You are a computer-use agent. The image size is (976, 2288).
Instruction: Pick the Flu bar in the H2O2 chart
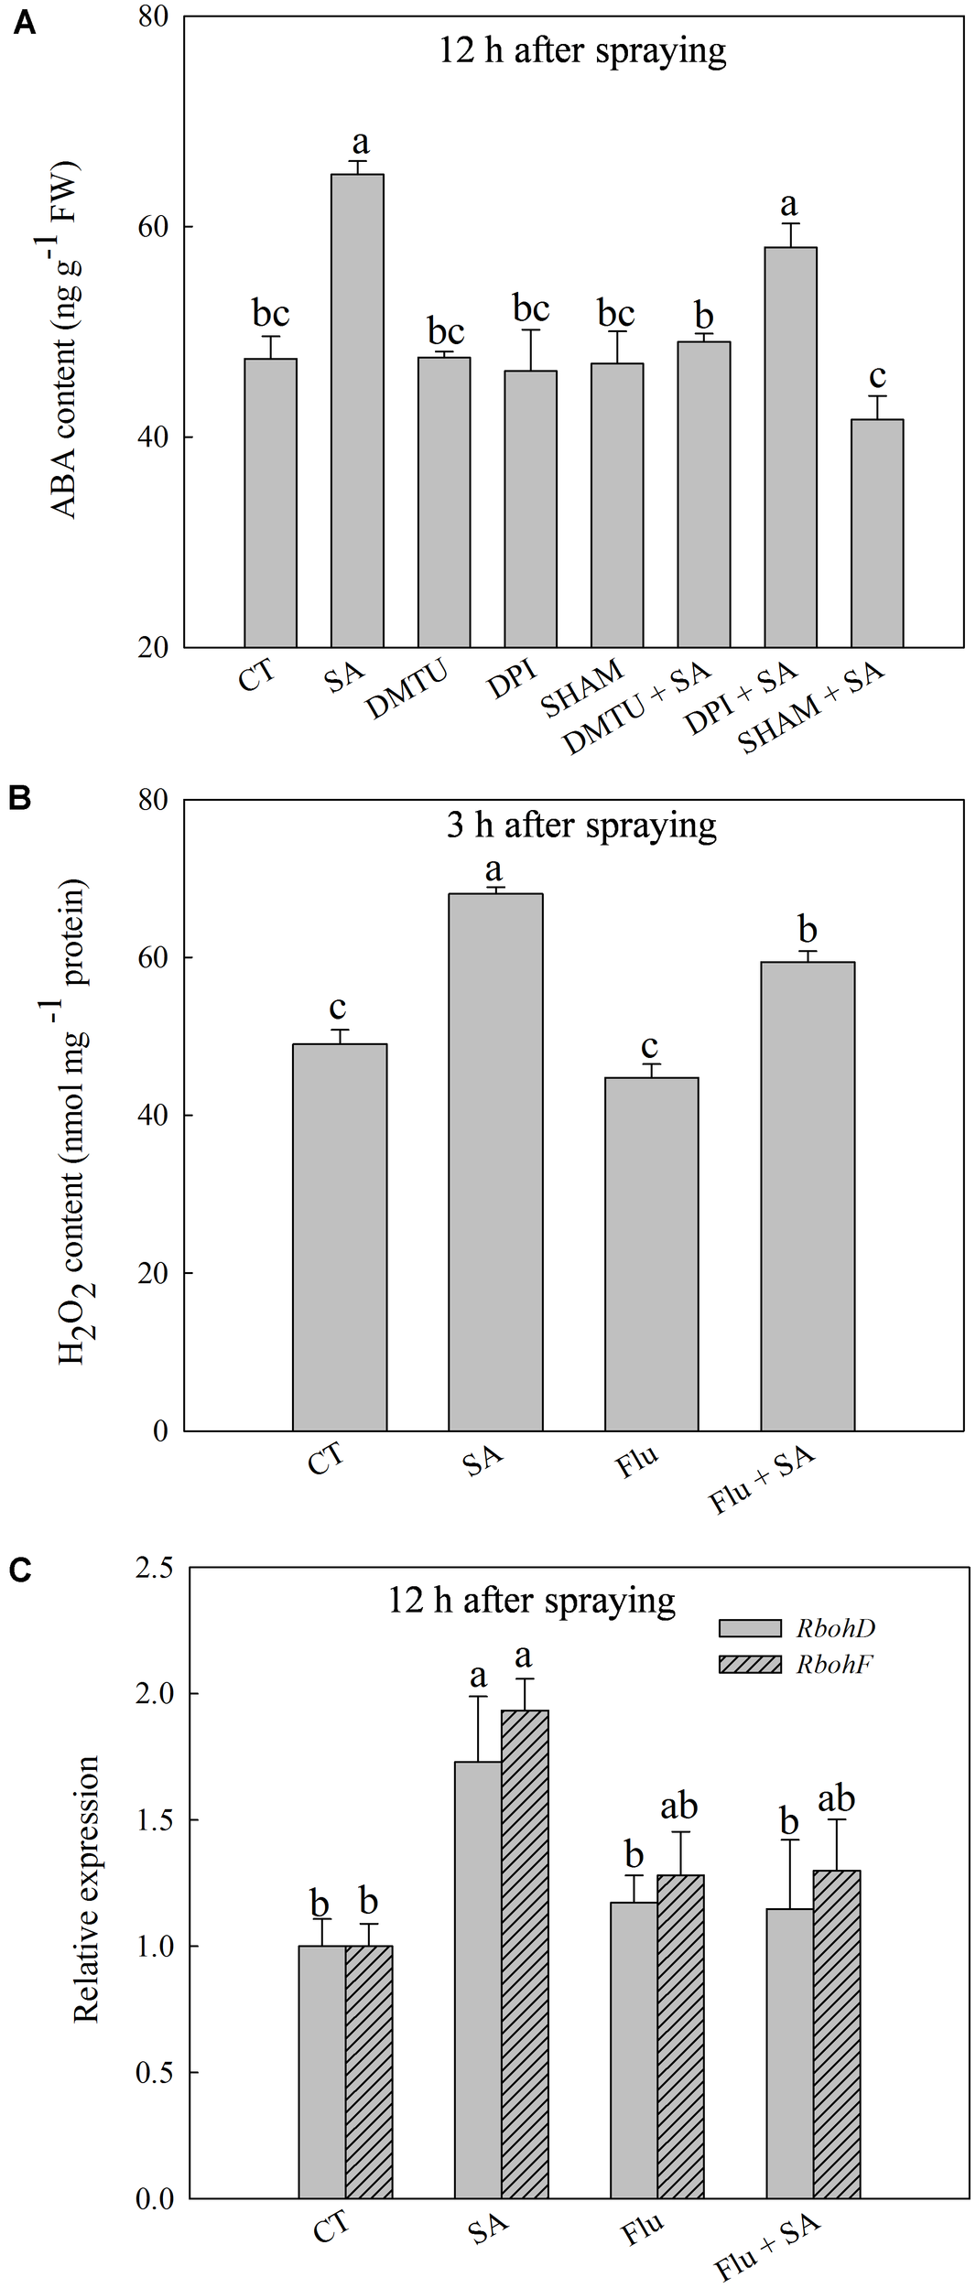coord(651,1254)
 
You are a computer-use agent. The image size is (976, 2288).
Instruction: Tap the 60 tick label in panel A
coord(156,227)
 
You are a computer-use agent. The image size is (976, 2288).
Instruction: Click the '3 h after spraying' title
coord(581,826)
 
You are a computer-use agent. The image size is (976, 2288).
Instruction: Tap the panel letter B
coord(20,798)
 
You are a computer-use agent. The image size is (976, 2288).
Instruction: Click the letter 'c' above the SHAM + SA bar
coord(877,375)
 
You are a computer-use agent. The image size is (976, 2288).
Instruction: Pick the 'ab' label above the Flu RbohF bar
coord(678,1806)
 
